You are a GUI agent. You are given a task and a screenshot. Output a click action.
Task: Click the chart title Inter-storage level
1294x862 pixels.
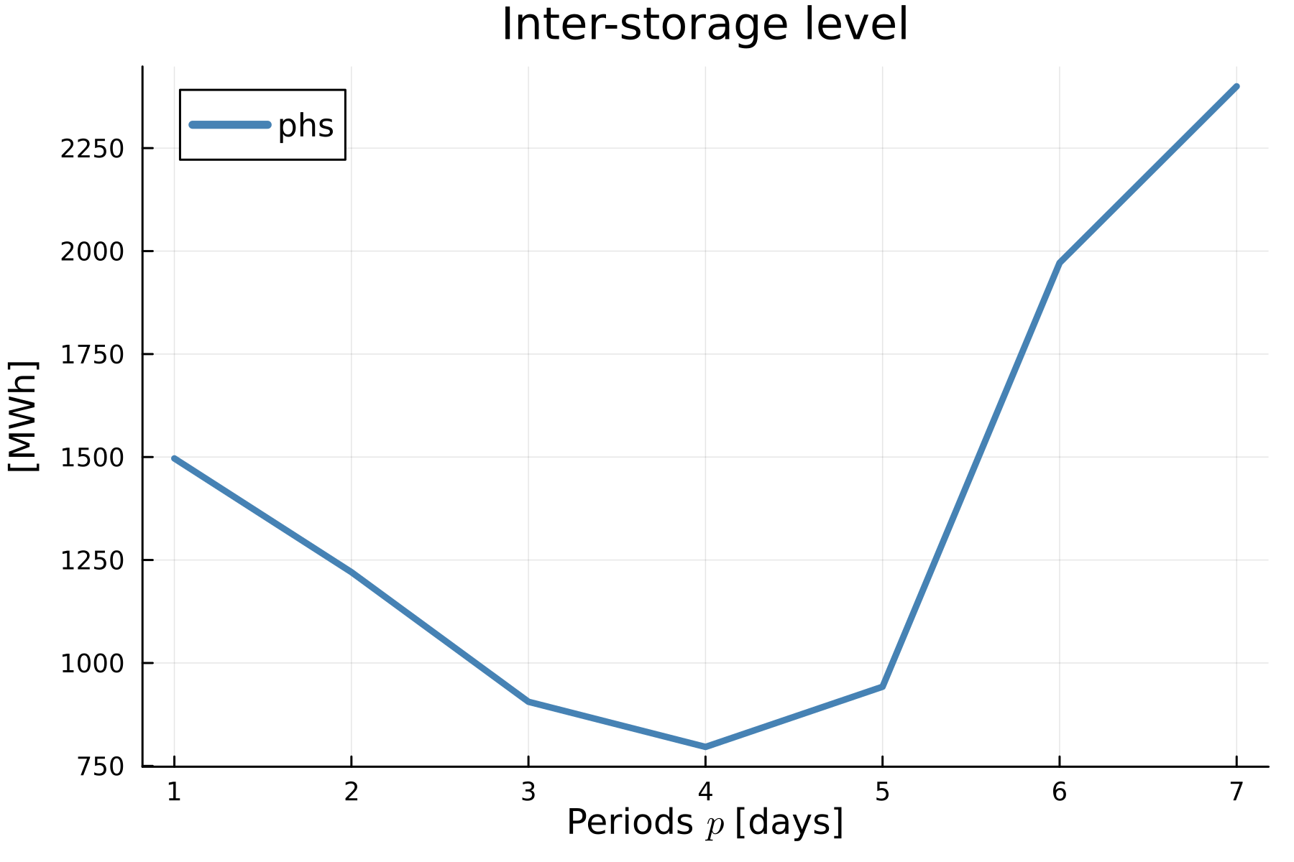(705, 25)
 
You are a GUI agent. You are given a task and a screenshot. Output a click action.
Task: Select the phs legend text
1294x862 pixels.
(306, 126)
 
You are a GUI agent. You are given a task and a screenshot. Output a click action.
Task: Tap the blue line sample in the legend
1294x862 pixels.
(229, 125)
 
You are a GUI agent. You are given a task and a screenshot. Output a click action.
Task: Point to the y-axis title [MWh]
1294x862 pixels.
(23, 416)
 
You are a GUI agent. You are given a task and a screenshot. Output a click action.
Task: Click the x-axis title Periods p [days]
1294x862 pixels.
(705, 823)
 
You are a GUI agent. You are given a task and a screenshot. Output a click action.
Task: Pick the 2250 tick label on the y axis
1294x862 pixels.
(92, 149)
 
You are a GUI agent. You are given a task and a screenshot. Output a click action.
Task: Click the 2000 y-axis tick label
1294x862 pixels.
(92, 251)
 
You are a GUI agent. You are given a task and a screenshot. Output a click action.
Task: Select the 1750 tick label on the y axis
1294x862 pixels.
(92, 354)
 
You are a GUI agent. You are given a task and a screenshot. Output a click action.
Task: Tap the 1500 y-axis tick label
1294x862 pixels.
(92, 458)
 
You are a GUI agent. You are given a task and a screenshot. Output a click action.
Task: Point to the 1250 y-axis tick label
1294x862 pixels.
(92, 560)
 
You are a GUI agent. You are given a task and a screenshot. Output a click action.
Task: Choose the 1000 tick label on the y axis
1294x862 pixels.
(92, 663)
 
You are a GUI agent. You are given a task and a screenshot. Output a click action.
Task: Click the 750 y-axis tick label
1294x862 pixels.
(101, 766)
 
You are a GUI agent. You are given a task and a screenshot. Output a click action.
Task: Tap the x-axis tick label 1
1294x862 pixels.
(173, 792)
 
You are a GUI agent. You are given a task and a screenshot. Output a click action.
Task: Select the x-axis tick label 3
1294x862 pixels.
(528, 792)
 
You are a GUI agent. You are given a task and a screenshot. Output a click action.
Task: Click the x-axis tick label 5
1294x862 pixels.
(882, 792)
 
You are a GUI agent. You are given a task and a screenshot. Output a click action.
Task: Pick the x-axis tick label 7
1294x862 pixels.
(1236, 792)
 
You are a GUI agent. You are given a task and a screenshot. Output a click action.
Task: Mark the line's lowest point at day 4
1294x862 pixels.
(705, 747)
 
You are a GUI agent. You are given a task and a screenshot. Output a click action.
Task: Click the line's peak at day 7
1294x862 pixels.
(1236, 87)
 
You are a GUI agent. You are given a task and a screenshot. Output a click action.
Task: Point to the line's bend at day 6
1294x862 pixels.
(1059, 264)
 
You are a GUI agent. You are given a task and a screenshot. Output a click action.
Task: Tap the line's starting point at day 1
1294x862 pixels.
(174, 458)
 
